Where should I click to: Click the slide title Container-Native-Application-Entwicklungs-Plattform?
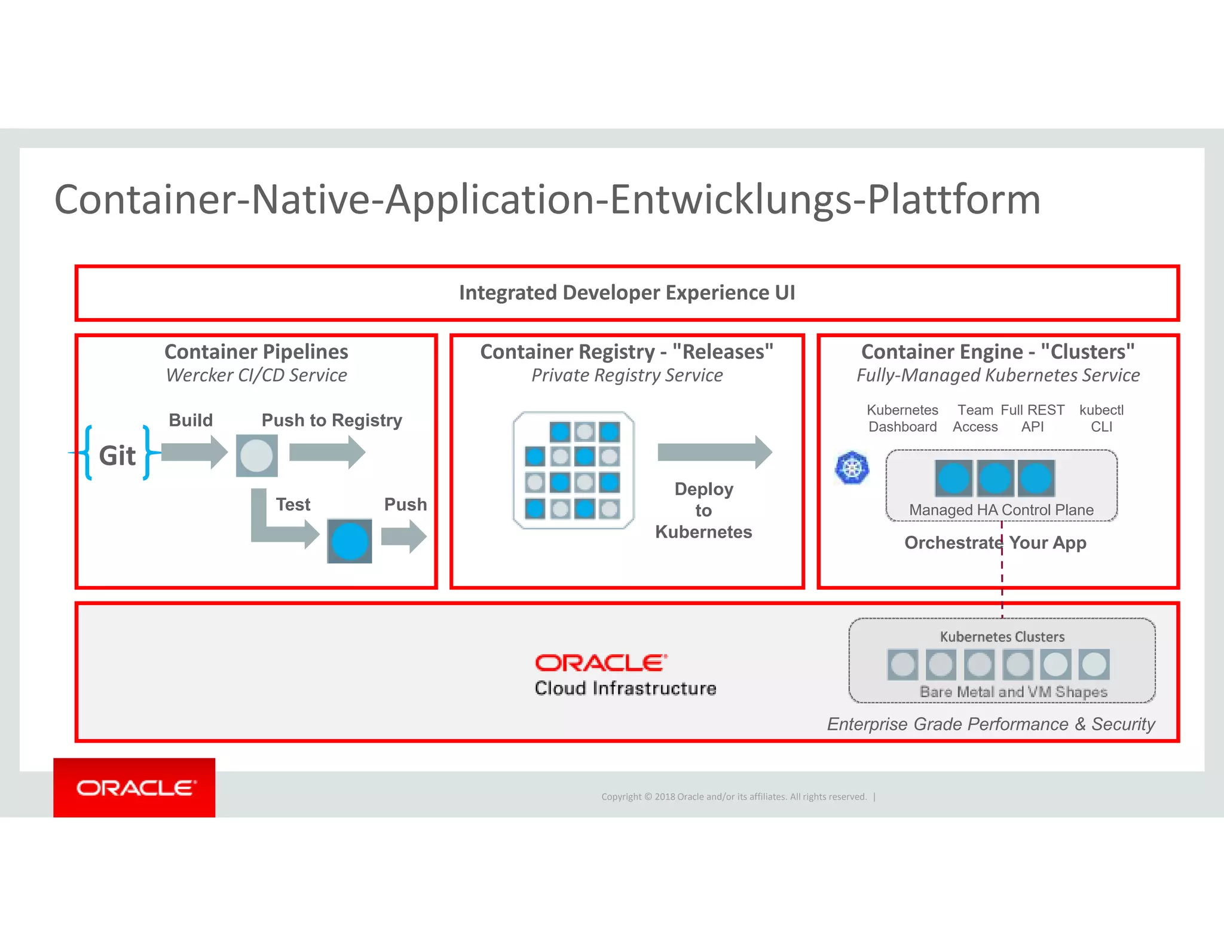pyautogui.click(x=547, y=200)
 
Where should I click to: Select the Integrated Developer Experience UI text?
pyautogui.click(x=626, y=293)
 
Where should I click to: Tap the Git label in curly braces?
pyautogui.click(x=117, y=456)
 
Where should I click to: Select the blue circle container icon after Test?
pyautogui.click(x=350, y=541)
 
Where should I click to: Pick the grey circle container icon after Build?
pyautogui.click(x=256, y=456)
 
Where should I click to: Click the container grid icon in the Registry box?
pyautogui.click(x=573, y=470)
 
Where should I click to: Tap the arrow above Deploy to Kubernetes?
pyautogui.click(x=714, y=452)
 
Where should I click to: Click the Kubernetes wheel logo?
pyautogui.click(x=852, y=468)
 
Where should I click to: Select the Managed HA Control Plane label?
pyautogui.click(x=1001, y=510)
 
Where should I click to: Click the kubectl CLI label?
pyautogui.click(x=1101, y=418)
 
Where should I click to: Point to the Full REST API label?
pyautogui.click(x=1032, y=418)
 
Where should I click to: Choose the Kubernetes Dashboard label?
pyautogui.click(x=902, y=418)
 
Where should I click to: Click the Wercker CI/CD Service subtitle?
pyautogui.click(x=256, y=376)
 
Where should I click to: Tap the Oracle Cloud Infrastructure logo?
pyautogui.click(x=625, y=675)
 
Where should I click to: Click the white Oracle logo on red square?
pyautogui.click(x=134, y=788)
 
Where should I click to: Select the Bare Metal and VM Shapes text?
pyautogui.click(x=1013, y=692)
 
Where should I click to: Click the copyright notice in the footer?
pyautogui.click(x=734, y=797)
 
